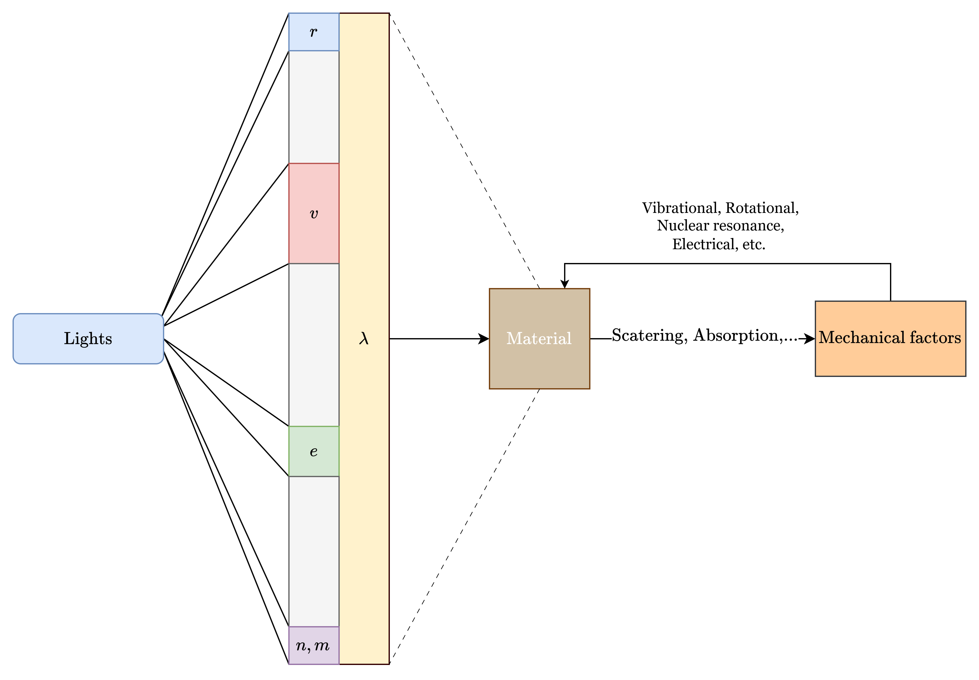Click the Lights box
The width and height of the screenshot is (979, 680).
pos(88,339)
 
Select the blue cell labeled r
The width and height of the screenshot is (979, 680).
pos(314,32)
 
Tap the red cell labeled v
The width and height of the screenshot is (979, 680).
pos(314,213)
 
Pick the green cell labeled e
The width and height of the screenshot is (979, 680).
pos(314,451)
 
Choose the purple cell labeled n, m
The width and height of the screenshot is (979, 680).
pos(314,645)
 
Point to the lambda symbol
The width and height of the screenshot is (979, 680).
pos(364,339)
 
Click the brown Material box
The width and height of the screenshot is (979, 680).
pos(539,339)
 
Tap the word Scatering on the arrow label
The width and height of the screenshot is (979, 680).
pos(649,336)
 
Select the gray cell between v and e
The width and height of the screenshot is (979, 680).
pos(314,345)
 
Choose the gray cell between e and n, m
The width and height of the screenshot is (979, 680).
pos(314,551)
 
